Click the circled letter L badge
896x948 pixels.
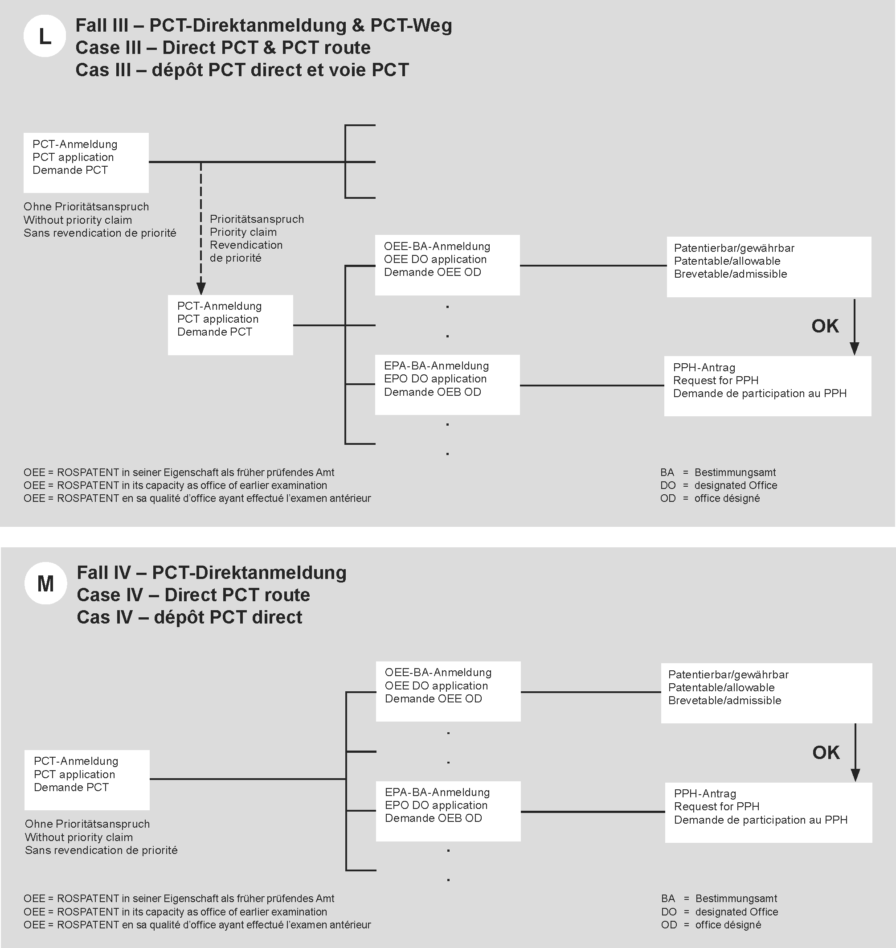click(x=45, y=36)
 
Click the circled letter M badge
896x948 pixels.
click(x=45, y=583)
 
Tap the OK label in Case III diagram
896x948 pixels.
click(x=825, y=326)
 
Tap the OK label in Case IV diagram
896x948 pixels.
click(x=826, y=753)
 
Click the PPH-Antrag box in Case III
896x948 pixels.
click(x=767, y=386)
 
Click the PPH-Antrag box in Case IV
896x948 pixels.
click(x=768, y=813)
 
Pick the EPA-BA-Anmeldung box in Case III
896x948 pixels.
click(x=447, y=385)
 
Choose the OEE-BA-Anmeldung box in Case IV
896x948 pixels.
click(x=448, y=691)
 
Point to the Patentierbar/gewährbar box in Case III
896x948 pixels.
click(x=769, y=267)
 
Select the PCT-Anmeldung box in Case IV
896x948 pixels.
click(x=87, y=780)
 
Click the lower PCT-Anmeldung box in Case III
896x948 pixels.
click(x=230, y=325)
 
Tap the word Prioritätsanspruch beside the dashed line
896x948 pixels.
click(x=257, y=219)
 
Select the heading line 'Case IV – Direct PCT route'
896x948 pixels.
click(x=193, y=595)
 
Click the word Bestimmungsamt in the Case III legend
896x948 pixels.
click(x=735, y=472)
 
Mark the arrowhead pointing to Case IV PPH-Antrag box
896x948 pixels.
click(x=855, y=775)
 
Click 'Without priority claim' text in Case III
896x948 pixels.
click(x=78, y=220)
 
